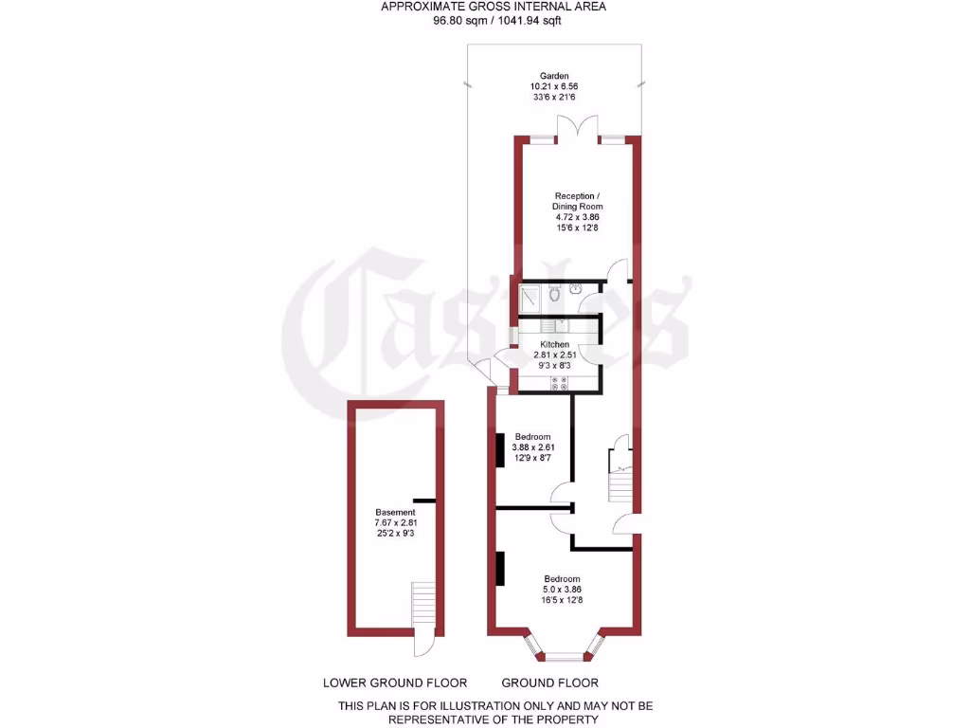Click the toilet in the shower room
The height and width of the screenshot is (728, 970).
point(554,295)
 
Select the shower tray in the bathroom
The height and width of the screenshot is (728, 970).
point(530,298)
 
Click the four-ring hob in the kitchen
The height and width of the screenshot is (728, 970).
point(558,383)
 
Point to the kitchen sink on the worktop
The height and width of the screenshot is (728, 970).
point(561,324)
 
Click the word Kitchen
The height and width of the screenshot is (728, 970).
point(555,344)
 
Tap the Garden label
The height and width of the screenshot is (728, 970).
point(554,76)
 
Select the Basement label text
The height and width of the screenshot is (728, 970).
point(368,513)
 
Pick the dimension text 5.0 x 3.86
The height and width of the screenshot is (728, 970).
point(562,590)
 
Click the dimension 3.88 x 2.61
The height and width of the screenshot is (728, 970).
point(532,447)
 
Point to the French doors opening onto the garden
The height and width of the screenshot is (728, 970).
point(577,131)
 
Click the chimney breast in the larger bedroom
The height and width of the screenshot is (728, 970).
point(499,568)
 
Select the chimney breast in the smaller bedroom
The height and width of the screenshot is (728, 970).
point(499,449)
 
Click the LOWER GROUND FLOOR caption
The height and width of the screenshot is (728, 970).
point(395,682)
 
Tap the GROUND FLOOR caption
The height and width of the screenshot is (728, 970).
point(549,682)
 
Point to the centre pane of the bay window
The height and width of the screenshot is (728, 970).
point(566,656)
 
